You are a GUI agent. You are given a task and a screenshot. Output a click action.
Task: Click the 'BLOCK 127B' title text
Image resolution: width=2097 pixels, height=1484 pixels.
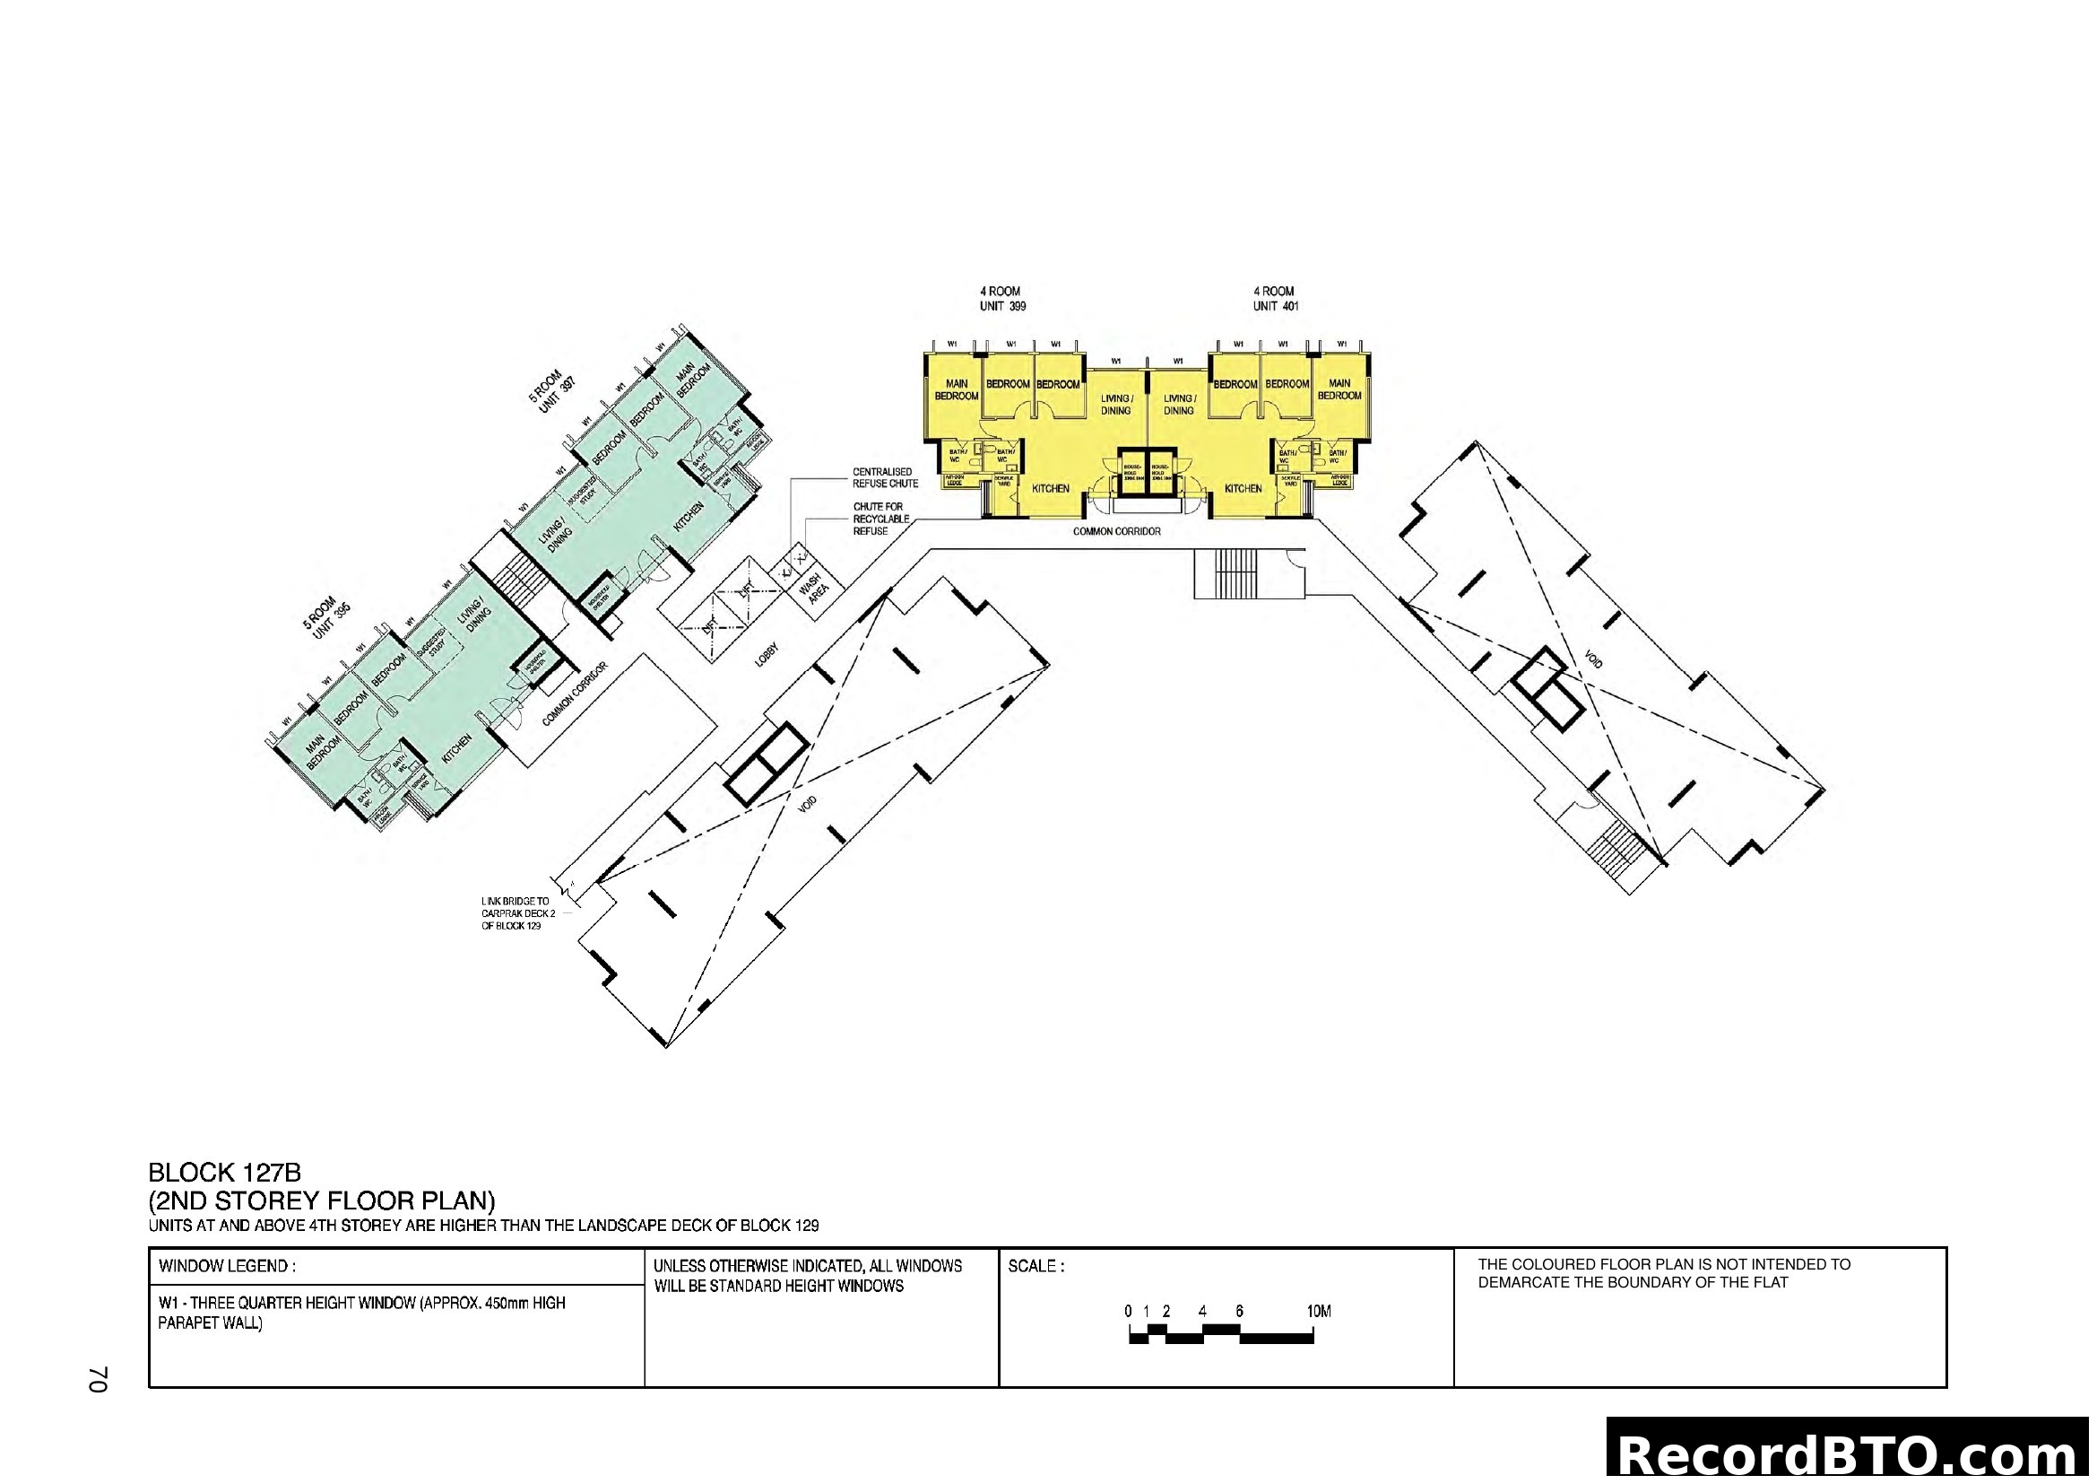click(225, 1173)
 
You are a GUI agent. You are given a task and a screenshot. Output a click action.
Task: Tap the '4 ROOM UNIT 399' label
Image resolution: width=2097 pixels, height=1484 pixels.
click(1002, 299)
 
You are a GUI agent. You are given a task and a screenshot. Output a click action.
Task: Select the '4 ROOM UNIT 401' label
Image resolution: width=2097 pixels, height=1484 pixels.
click(1275, 299)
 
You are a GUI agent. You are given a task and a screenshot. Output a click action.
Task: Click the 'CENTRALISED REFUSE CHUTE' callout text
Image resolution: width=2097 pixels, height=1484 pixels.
click(885, 477)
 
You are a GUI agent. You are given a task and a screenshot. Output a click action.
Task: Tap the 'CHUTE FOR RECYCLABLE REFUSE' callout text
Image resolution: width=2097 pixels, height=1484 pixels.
click(880, 518)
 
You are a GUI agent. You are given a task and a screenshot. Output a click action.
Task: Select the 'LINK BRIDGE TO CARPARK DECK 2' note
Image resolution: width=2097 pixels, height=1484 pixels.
click(516, 912)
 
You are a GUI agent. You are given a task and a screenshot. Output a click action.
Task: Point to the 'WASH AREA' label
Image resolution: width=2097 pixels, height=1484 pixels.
click(814, 590)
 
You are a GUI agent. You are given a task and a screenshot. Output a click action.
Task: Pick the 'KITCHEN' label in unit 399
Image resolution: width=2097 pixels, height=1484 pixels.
click(1050, 489)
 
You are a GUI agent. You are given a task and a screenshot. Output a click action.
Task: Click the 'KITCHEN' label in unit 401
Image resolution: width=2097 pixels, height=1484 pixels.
click(1242, 489)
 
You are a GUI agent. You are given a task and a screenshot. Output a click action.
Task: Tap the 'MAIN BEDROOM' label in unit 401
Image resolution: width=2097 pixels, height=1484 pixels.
click(1339, 389)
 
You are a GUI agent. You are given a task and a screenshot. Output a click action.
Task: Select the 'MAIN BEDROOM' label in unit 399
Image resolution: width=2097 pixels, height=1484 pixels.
click(957, 389)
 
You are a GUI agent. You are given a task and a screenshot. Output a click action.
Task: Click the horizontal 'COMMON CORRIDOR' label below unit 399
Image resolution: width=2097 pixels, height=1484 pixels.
click(1116, 531)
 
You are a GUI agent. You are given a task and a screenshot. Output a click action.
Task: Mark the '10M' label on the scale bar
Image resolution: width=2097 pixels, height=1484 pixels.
click(1318, 1312)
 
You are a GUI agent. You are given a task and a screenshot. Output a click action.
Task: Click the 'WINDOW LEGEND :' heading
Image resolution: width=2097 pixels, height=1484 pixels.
click(227, 1267)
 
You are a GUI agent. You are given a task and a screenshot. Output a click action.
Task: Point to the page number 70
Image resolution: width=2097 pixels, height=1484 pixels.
click(99, 1380)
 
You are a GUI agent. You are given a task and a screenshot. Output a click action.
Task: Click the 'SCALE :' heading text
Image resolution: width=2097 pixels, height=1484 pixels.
click(1036, 1267)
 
